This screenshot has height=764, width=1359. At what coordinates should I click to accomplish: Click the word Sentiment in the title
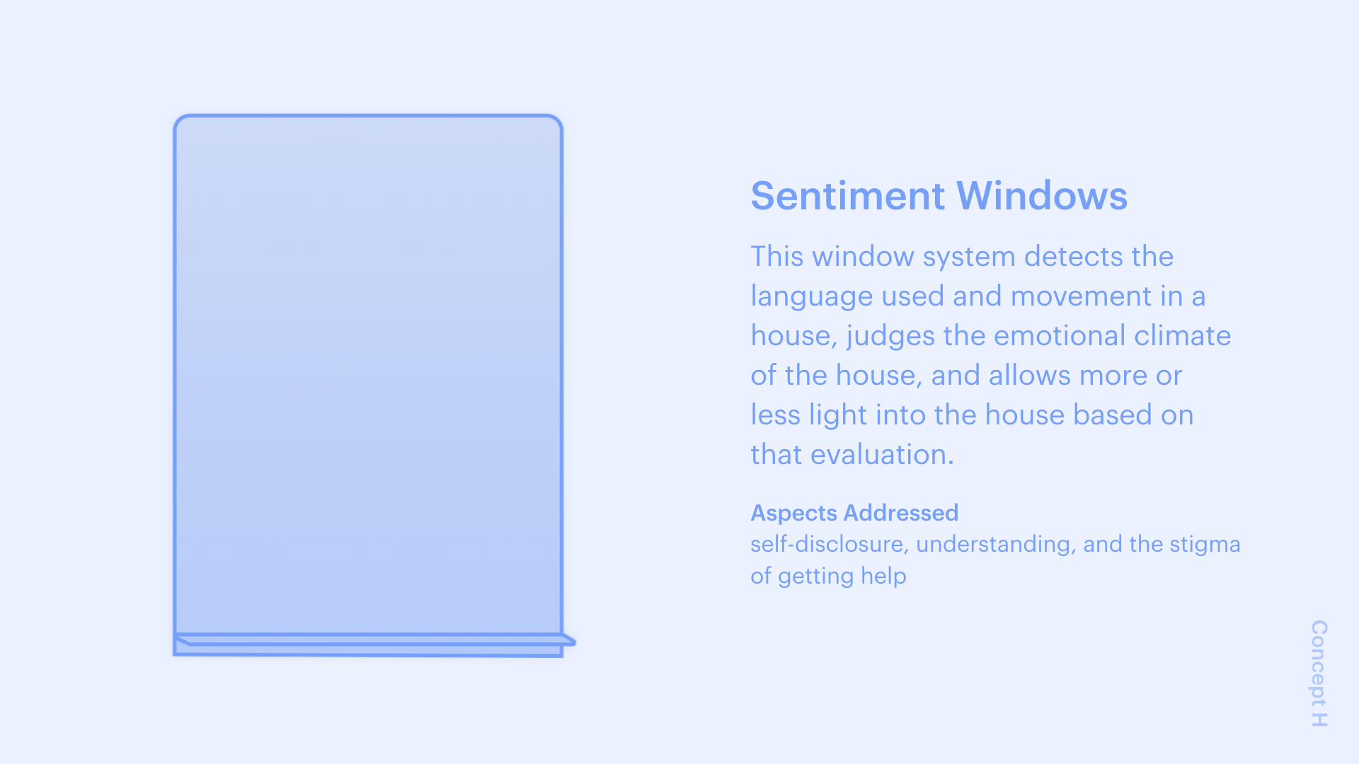(x=848, y=196)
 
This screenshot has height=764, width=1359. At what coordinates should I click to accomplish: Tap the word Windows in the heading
(x=1042, y=196)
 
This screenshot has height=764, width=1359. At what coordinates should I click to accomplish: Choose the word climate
(x=1183, y=335)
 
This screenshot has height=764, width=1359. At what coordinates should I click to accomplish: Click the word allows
(x=1028, y=375)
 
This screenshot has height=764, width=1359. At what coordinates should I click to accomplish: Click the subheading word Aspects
(x=794, y=514)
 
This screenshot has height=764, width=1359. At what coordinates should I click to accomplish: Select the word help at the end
(x=883, y=576)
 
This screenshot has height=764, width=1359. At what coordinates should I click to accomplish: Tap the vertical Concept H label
(x=1319, y=673)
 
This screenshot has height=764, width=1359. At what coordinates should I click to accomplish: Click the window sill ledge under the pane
(x=375, y=640)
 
